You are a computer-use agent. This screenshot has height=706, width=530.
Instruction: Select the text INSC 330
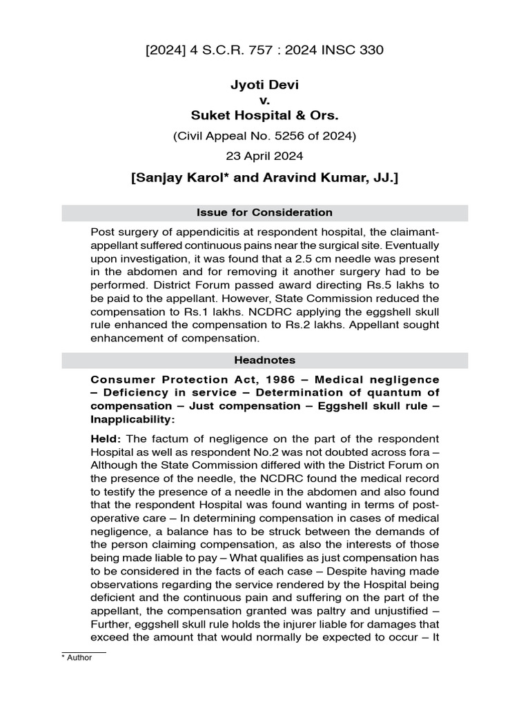[x=359, y=50]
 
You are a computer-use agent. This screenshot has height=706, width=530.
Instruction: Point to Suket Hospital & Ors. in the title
[x=264, y=114]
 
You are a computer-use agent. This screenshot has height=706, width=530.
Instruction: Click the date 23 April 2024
[x=264, y=157]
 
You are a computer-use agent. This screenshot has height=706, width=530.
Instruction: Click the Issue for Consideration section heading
[x=264, y=213]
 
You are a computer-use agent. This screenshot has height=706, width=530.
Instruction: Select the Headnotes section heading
[x=264, y=360]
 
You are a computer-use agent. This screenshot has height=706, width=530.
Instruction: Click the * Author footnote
[x=77, y=657]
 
